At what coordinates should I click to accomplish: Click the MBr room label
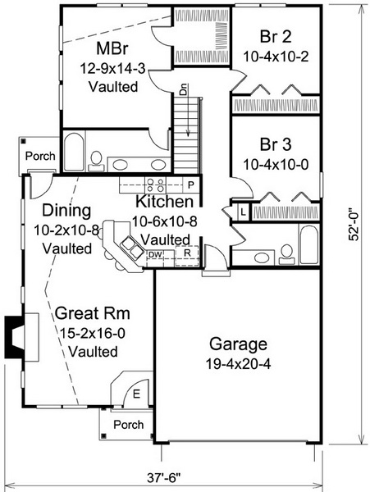(112, 48)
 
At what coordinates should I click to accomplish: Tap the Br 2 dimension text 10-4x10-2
(276, 57)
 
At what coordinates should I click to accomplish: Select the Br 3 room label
(276, 144)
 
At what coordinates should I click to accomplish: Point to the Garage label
(238, 344)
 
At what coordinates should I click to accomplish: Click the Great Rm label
(92, 313)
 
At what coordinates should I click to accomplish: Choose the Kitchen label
(164, 202)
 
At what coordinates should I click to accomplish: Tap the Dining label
(66, 211)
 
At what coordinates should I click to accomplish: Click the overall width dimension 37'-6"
(164, 478)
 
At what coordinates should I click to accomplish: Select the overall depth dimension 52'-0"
(354, 226)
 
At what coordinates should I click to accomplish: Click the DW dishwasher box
(156, 255)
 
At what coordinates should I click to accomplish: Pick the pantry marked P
(191, 184)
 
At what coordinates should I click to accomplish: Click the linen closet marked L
(243, 212)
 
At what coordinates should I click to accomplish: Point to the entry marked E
(136, 394)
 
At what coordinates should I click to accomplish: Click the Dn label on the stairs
(183, 89)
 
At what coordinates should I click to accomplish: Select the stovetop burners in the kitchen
(156, 184)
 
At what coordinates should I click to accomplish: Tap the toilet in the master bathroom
(96, 162)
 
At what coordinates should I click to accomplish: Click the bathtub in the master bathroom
(75, 153)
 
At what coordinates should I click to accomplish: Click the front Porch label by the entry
(129, 425)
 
